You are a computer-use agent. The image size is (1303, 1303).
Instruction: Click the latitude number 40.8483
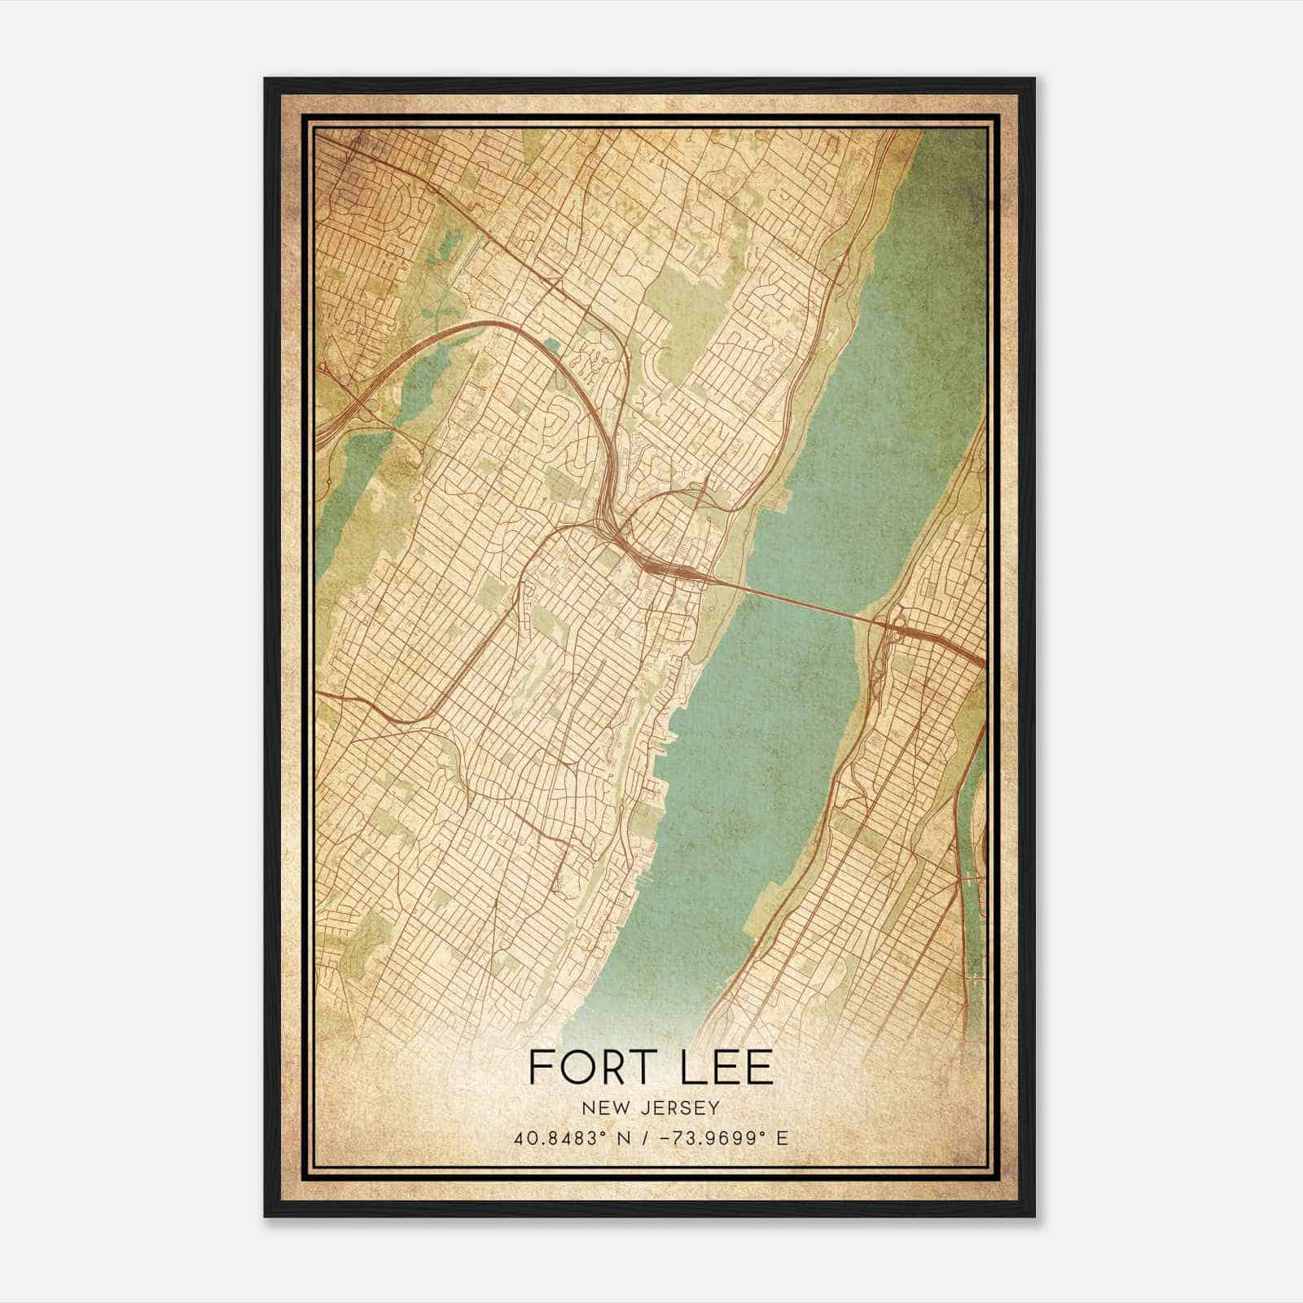click(547, 1138)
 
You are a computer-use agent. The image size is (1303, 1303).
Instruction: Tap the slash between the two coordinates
click(651, 1138)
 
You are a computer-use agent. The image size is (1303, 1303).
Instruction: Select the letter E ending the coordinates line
click(783, 1138)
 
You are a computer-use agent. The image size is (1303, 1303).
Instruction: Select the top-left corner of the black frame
click(266, 80)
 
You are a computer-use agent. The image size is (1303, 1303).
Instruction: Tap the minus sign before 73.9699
click(672, 1138)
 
